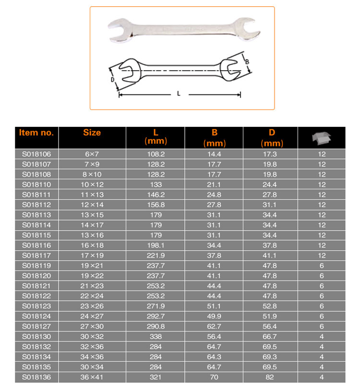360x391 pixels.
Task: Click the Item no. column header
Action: coord(36,133)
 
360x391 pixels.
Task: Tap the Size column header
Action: coord(92,133)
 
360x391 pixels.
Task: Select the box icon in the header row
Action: coord(321,138)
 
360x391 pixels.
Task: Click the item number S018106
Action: coord(36,154)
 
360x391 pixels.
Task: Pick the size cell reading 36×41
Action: coord(92,377)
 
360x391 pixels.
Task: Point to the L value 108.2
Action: coord(156,154)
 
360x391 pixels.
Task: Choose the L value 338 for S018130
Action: coord(156,336)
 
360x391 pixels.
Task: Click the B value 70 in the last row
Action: coord(215,377)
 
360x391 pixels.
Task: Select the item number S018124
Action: coord(36,316)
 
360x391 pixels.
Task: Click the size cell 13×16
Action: coord(92,235)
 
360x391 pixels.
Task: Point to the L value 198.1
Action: coord(156,245)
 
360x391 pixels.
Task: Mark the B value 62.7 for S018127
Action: coord(215,326)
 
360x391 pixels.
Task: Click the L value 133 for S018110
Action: coord(156,184)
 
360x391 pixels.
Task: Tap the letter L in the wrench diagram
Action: coord(178,94)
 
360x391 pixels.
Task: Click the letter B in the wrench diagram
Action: coord(247,61)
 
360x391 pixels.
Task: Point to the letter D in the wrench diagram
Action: coord(112,80)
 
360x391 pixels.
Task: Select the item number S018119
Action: coord(36,266)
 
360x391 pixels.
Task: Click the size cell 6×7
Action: coord(92,154)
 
